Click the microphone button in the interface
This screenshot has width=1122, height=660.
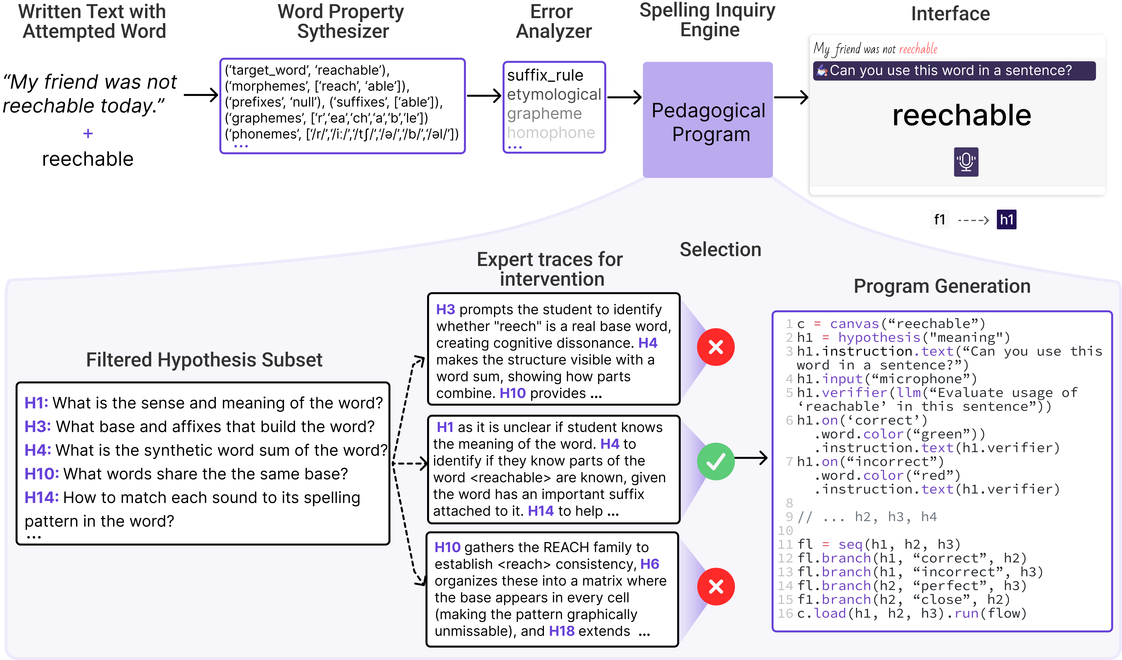coord(966,162)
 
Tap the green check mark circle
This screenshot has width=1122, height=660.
coord(715,462)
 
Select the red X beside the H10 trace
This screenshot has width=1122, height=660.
coord(715,587)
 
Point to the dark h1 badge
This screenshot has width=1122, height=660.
coord(1006,219)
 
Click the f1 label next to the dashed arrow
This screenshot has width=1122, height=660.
coord(940,219)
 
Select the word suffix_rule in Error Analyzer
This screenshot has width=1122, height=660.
coord(545,75)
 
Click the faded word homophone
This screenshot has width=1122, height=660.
coord(551,133)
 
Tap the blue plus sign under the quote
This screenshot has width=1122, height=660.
coord(88,134)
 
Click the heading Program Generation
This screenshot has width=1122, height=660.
coord(942,286)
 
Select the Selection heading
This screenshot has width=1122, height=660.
coord(720,250)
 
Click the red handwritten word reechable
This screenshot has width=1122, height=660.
coord(918,49)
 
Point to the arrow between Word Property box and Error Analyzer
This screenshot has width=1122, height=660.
coord(484,96)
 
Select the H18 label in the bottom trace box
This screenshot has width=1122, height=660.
coord(561,631)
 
